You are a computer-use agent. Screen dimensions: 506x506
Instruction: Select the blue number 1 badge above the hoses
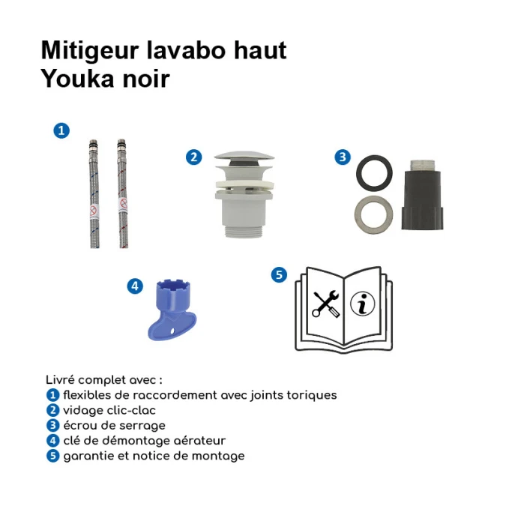61,130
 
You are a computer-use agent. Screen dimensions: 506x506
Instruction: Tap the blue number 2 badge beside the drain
193,157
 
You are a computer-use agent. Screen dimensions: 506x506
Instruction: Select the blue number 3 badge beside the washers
342,157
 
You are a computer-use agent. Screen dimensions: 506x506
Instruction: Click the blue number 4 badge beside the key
135,286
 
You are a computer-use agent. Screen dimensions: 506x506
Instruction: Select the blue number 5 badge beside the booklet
279,275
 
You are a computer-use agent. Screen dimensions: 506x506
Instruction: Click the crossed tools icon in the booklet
326,304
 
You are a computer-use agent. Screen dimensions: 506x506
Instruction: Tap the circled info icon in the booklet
363,303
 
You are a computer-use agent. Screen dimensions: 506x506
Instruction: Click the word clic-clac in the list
134,411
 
